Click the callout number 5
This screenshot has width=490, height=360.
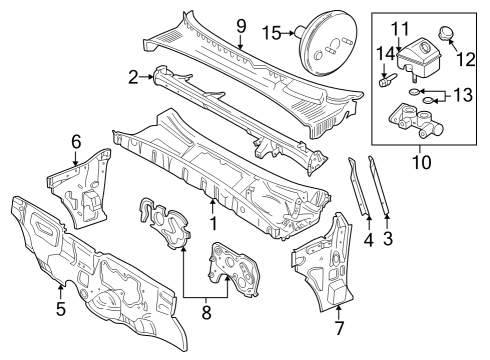pyautogui.click(x=61, y=308)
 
